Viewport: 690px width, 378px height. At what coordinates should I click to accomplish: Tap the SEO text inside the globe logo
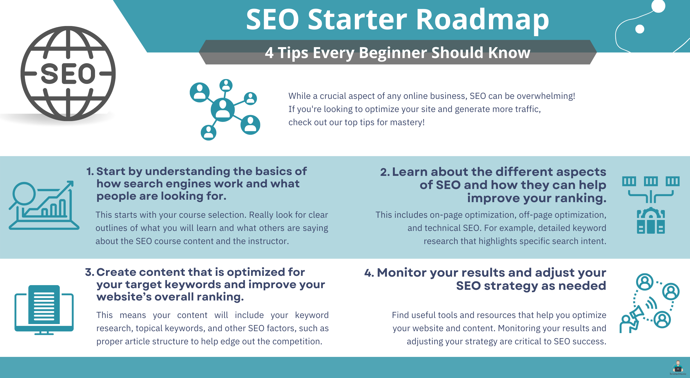tap(68, 73)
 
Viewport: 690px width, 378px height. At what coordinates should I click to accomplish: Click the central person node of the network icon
tap(223, 110)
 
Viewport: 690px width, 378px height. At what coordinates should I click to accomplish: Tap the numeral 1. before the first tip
tap(90, 171)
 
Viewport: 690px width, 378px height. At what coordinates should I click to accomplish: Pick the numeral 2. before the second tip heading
tap(385, 172)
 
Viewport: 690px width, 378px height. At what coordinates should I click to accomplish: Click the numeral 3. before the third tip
tap(90, 272)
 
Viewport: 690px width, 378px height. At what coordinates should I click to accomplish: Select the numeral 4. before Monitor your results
tap(369, 273)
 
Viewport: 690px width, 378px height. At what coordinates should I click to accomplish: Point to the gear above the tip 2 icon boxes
tap(651, 213)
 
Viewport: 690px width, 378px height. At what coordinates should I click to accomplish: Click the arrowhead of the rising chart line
tap(70, 184)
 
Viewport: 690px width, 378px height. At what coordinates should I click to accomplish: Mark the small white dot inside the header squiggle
tap(640, 29)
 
